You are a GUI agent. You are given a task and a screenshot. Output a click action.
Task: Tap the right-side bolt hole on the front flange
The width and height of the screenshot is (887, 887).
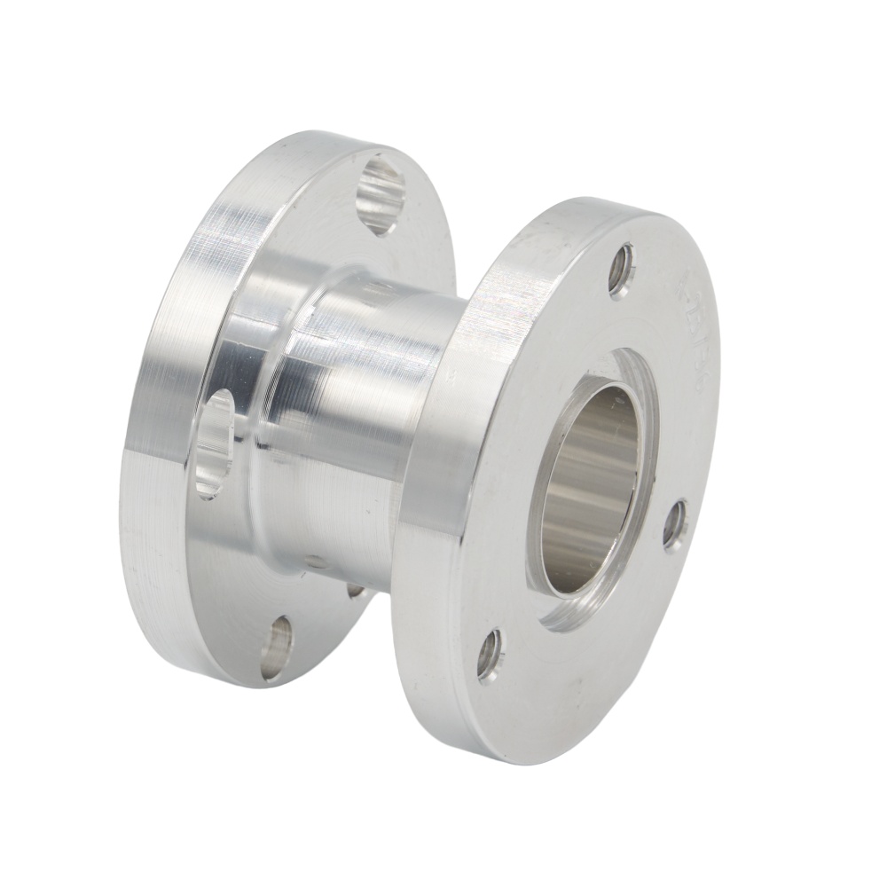coord(675,524)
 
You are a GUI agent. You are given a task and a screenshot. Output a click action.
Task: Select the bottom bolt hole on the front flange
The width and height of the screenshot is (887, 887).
coord(490,655)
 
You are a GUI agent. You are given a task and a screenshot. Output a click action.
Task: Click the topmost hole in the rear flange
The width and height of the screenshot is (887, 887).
coord(381,193)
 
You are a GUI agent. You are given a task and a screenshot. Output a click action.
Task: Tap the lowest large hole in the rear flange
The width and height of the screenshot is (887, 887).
coord(277,648)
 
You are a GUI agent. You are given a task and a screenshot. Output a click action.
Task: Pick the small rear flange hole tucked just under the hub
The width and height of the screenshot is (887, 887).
coord(356,589)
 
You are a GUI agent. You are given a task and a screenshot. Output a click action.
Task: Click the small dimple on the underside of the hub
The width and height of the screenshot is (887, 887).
coord(315,561)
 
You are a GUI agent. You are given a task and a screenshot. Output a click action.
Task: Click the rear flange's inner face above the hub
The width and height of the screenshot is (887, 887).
coord(293,222)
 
